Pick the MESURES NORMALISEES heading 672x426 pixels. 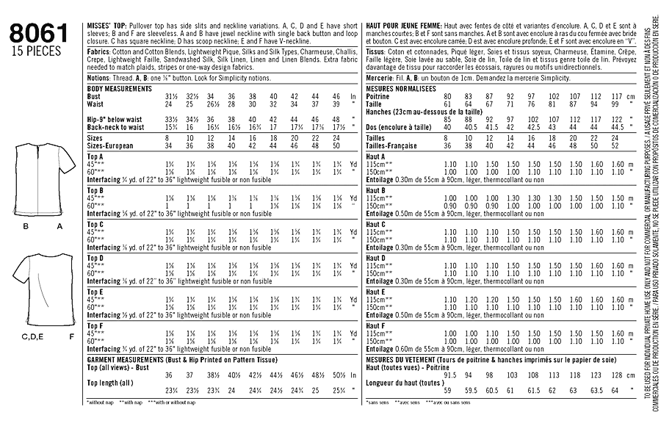(x=401, y=87)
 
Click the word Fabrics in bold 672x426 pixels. (x=98, y=52)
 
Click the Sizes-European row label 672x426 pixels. (x=110, y=145)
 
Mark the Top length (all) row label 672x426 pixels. (x=111, y=383)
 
